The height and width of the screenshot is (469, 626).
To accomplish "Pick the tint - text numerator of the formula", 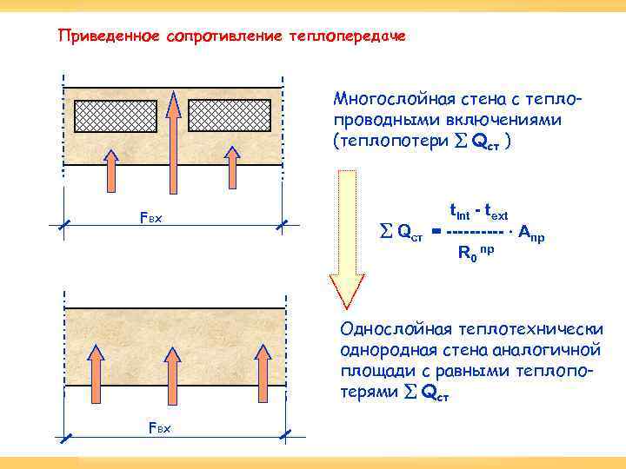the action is (478, 211).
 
